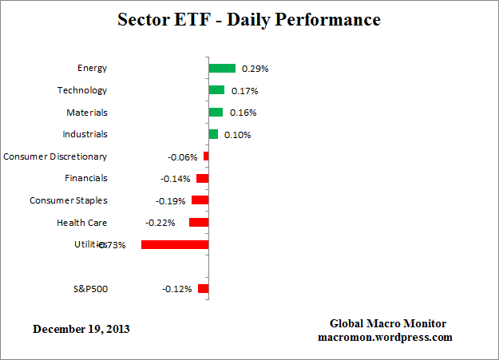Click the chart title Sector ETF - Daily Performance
249,18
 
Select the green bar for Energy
222,69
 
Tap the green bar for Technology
216,90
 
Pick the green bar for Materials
216,113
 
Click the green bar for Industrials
213,134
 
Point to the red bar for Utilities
175,244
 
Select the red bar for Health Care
199,223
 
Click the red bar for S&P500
204,288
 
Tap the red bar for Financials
202,179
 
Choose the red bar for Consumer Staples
200,200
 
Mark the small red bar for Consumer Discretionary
206,156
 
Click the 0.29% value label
255,69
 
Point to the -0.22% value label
160,224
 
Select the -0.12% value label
176,289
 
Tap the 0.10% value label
237,135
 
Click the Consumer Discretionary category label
55,156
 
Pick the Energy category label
92,69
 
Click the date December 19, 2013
81,329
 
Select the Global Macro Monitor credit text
388,323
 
